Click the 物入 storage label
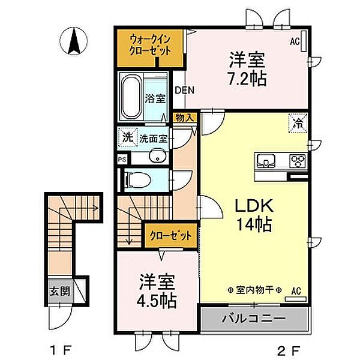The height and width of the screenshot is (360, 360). (x=184, y=118)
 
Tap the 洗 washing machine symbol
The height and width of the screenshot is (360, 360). (x=128, y=137)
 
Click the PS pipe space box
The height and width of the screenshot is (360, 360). (x=122, y=160)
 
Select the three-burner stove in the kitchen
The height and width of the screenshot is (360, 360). (x=297, y=161)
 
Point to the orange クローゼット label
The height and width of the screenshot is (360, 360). (x=170, y=235)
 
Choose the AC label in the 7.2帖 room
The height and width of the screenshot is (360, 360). (x=295, y=41)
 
